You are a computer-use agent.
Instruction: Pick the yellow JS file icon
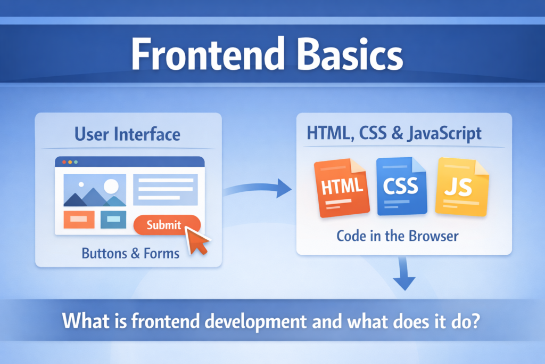(461, 187)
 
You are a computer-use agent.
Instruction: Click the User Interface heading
(127, 134)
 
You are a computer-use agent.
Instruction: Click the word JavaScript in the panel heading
(444, 133)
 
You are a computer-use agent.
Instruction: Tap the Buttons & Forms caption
(130, 253)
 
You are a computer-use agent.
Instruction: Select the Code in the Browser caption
(397, 235)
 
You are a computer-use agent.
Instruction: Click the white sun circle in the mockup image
(111, 186)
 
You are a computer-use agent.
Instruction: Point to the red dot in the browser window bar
(64, 161)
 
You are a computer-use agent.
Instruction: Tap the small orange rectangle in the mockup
(79, 219)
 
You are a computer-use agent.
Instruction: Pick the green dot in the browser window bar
(76, 161)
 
